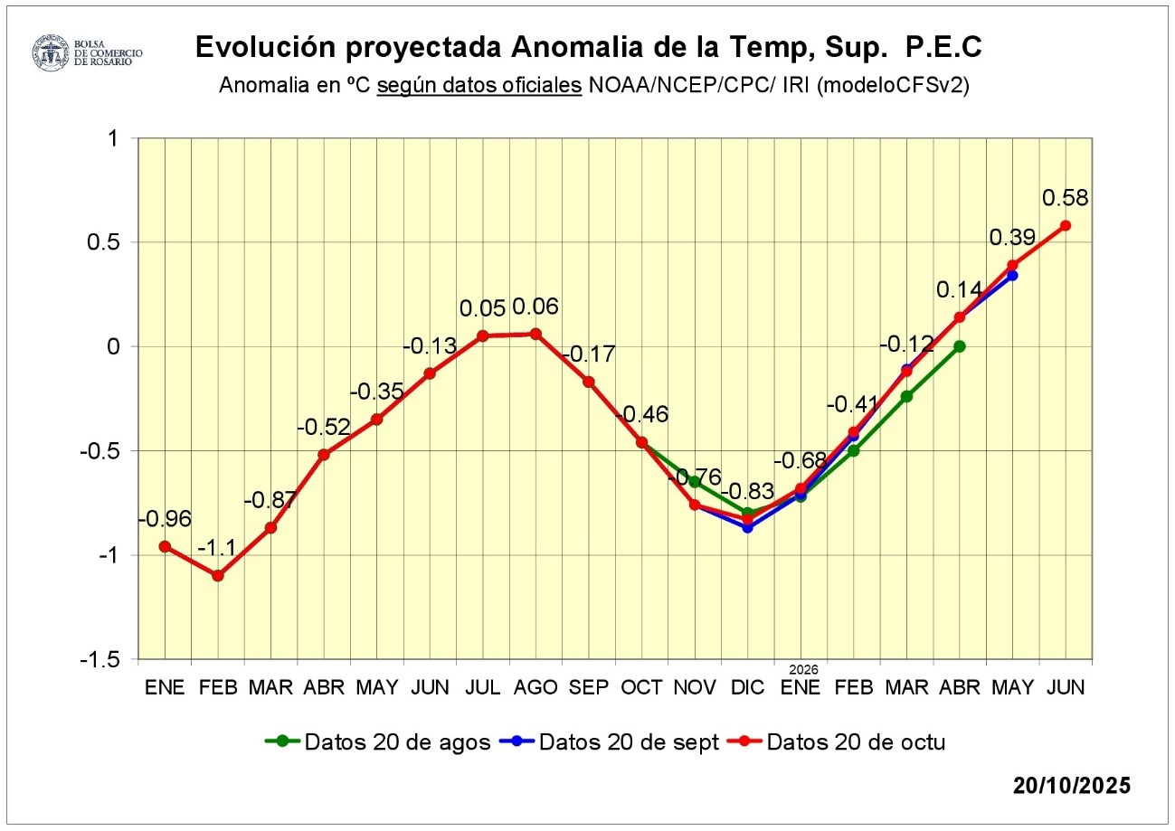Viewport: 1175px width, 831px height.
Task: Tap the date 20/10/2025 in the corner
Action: pos(1072,785)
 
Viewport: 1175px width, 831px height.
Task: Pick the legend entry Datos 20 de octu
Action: pos(836,742)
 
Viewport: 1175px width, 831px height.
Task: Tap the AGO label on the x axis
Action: pos(535,687)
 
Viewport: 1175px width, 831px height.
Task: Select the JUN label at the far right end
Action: pos(1066,687)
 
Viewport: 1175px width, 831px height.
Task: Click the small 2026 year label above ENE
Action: pos(802,670)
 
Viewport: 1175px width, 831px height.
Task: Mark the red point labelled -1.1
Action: pos(218,575)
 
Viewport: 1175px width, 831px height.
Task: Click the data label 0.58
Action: pos(1066,198)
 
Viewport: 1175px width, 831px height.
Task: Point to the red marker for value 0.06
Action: pos(535,334)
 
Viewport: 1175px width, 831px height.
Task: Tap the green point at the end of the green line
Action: pos(959,346)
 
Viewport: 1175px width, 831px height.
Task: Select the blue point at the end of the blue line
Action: pos(1012,275)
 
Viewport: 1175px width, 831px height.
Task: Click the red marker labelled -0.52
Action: pos(324,454)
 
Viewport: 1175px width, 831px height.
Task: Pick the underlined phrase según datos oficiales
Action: pos(479,87)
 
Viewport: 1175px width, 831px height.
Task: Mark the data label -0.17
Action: pos(588,354)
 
